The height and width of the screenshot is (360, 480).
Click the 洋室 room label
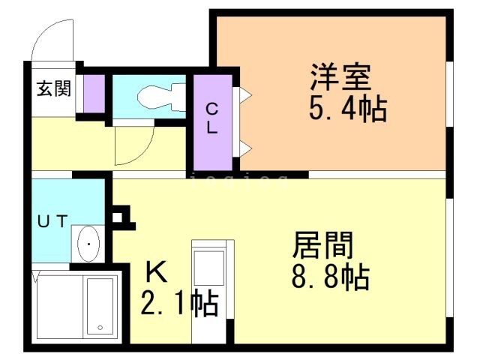pyautogui.click(x=341, y=77)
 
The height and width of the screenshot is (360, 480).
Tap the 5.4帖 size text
pyautogui.click(x=347, y=109)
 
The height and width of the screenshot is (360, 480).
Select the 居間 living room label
pyautogui.click(x=322, y=246)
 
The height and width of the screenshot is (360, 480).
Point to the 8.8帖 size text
pyautogui.click(x=330, y=278)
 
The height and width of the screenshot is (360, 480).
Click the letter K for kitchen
pyautogui.click(x=155, y=271)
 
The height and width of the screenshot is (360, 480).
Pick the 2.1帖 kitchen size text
pyautogui.click(x=179, y=303)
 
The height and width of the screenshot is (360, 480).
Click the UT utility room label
pyautogui.click(x=53, y=220)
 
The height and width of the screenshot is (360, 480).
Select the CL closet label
pyautogui.click(x=213, y=118)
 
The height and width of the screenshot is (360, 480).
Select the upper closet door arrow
pyautogui.click(x=244, y=95)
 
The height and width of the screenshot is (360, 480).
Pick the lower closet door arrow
pyautogui.click(x=244, y=148)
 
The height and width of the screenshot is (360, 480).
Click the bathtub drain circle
pyautogui.click(x=100, y=328)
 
